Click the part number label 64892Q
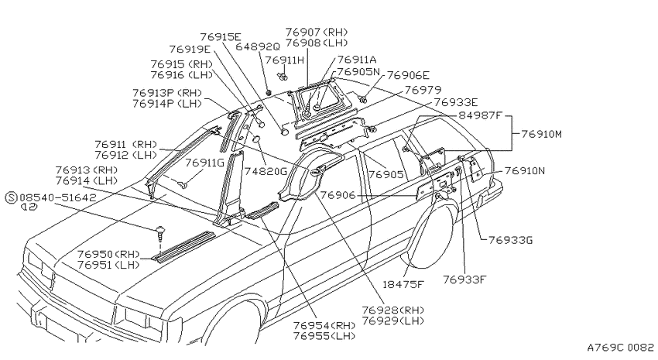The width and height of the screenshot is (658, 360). pyautogui.click(x=257, y=46)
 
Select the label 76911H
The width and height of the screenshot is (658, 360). pyautogui.click(x=285, y=60)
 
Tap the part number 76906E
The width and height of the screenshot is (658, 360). pyautogui.click(x=408, y=75)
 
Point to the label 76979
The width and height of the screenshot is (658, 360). pyautogui.click(x=423, y=90)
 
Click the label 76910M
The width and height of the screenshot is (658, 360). pyautogui.click(x=541, y=134)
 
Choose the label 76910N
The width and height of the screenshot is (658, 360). pyautogui.click(x=525, y=171)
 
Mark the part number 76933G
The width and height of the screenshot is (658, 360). pyautogui.click(x=511, y=241)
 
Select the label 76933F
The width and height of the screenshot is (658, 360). pyautogui.click(x=464, y=279)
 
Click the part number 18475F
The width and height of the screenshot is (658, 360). pyautogui.click(x=403, y=284)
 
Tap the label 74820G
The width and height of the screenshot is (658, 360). pyautogui.click(x=266, y=171)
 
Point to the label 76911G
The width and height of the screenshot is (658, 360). pyautogui.click(x=205, y=163)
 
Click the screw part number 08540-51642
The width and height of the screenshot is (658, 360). pyautogui.click(x=58, y=197)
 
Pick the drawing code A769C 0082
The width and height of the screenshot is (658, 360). pyautogui.click(x=620, y=348)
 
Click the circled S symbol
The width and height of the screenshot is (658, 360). pyautogui.click(x=12, y=197)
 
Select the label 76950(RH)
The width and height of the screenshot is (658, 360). pyautogui.click(x=108, y=254)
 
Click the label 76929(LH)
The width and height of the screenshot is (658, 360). pyautogui.click(x=392, y=321)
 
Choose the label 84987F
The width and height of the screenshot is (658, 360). pyautogui.click(x=480, y=115)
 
